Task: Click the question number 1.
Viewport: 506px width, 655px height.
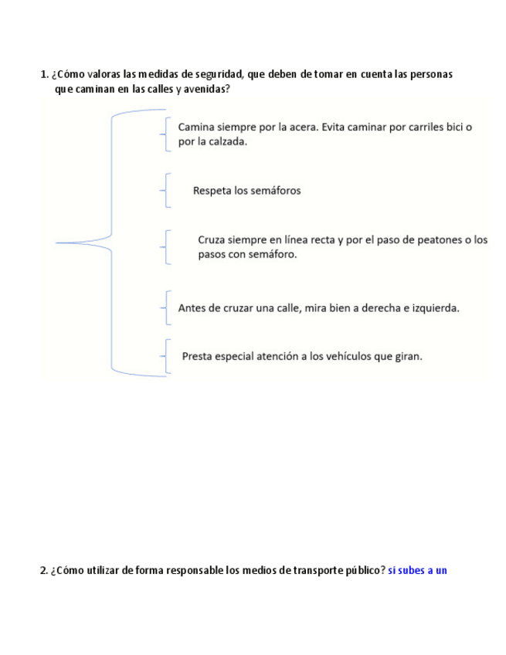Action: (x=43, y=75)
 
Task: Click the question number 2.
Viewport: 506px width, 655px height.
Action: (x=43, y=571)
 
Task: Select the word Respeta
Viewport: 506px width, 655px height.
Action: (x=212, y=191)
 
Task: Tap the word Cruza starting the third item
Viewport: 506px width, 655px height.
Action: (x=212, y=240)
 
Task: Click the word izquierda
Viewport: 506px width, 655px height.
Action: (x=433, y=308)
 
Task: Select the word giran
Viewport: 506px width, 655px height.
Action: (x=409, y=356)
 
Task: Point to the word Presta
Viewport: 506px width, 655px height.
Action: (x=198, y=356)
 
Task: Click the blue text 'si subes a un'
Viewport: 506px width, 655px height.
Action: (x=417, y=571)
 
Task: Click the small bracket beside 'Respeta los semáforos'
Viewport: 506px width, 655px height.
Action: (x=167, y=191)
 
